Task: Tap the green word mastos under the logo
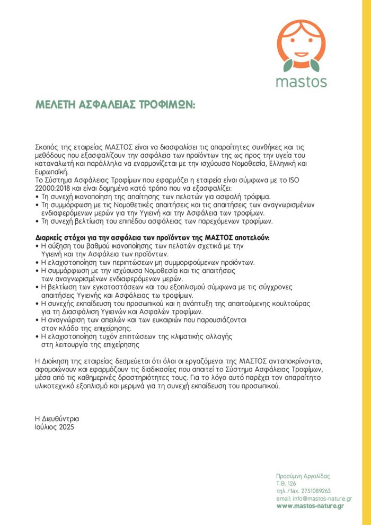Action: pyautogui.click(x=301, y=82)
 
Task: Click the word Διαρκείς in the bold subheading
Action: pyautogui.click(x=51, y=238)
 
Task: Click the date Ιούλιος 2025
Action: pyautogui.click(x=55, y=426)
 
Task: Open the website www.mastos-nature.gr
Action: pyautogui.click(x=310, y=506)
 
